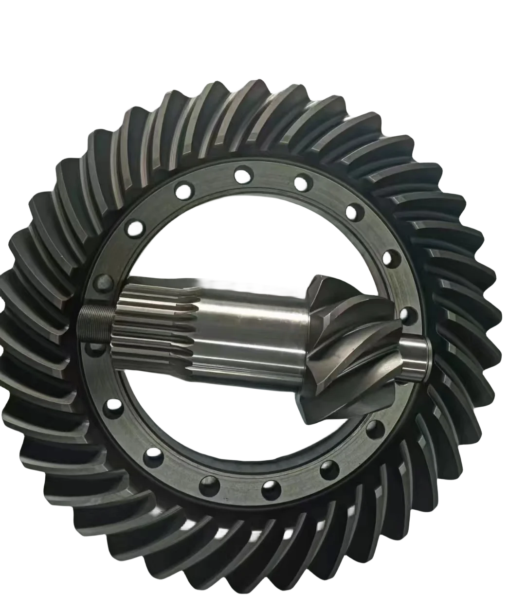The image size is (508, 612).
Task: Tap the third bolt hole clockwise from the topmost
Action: point(389,257)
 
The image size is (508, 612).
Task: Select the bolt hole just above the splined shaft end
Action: point(103,280)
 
